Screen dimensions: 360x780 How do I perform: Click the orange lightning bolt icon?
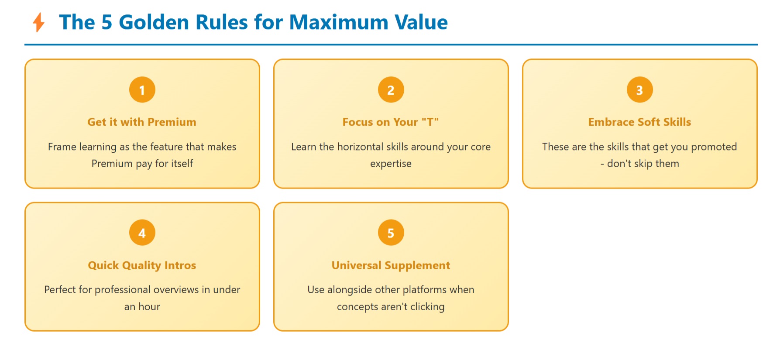(x=39, y=22)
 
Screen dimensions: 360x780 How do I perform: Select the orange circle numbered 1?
(x=142, y=90)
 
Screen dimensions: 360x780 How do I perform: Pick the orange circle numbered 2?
(x=391, y=90)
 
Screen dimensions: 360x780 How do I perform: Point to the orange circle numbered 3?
(x=639, y=90)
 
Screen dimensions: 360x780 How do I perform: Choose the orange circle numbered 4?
(x=142, y=233)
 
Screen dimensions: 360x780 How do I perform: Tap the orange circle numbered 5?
(x=391, y=233)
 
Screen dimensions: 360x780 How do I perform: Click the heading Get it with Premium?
(x=142, y=122)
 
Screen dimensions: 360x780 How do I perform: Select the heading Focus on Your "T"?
(x=391, y=122)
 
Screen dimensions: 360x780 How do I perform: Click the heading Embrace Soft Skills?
(x=639, y=122)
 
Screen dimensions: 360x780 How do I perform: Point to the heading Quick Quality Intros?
(x=142, y=265)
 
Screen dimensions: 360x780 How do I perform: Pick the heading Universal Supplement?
(x=391, y=265)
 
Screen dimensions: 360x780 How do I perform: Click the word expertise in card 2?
(x=391, y=164)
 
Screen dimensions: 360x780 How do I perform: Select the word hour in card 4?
(x=149, y=307)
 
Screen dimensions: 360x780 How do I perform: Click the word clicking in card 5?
(x=427, y=307)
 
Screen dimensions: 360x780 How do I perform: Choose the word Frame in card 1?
(x=62, y=147)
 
